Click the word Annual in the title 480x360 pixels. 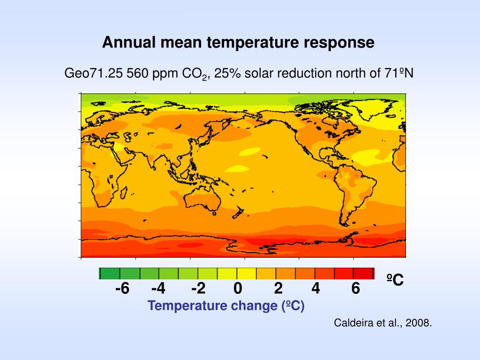tap(129, 42)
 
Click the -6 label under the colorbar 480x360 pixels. tap(122, 288)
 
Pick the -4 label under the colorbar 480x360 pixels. tap(158, 288)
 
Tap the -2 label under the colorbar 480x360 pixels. tap(198, 288)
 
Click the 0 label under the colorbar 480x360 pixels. tap(238, 288)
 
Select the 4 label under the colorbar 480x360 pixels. tap(315, 288)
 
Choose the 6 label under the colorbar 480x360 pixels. tap(355, 288)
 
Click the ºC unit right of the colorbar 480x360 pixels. tap(395, 279)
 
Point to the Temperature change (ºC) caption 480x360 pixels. tap(226, 306)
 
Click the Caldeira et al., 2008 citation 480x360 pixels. tap(382, 323)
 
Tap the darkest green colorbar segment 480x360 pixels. tap(110, 273)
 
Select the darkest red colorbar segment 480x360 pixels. tap(363, 273)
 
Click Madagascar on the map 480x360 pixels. tap(124, 192)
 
